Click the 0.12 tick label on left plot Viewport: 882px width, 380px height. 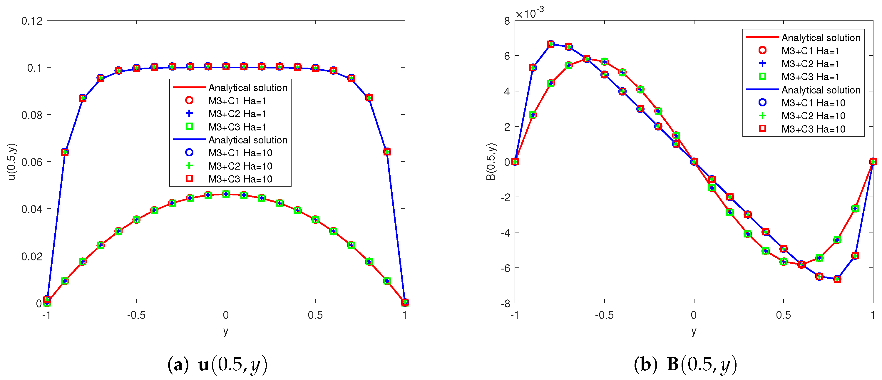tap(32, 21)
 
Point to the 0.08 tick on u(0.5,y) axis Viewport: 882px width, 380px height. tap(32, 115)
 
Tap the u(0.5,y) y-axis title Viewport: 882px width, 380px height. tap(12, 162)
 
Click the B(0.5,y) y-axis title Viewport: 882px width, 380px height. tap(490, 162)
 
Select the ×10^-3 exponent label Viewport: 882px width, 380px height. tap(529, 13)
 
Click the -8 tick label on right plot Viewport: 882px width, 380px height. tap(504, 303)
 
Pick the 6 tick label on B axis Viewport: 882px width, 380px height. tap(507, 56)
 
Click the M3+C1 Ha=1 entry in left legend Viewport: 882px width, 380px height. tap(237, 101)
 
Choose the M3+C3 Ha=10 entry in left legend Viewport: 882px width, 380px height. tap(240, 179)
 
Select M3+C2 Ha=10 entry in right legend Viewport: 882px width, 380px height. tap(813, 116)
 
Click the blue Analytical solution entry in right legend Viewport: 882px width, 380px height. tap(821, 90)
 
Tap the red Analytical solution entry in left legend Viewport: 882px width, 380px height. tap(247, 88)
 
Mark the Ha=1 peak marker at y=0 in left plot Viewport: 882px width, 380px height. tap(226, 194)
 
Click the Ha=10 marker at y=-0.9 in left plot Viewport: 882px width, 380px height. tap(65, 152)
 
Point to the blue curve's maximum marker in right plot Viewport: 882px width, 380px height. tap(550, 44)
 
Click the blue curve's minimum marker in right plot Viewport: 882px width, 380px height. tap(837, 279)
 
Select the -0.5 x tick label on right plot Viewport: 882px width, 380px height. tap(604, 315)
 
